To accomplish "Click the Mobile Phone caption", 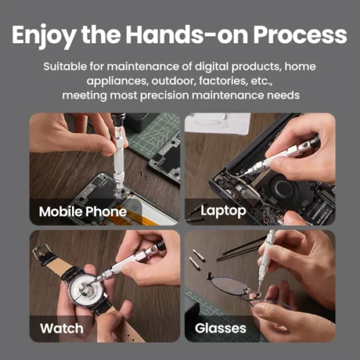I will pos(83,211).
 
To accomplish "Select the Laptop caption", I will pos(223,211).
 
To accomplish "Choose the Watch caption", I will pos(61,328).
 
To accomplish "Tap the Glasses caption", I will pos(220,328).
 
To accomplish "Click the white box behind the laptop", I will pos(217,122).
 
